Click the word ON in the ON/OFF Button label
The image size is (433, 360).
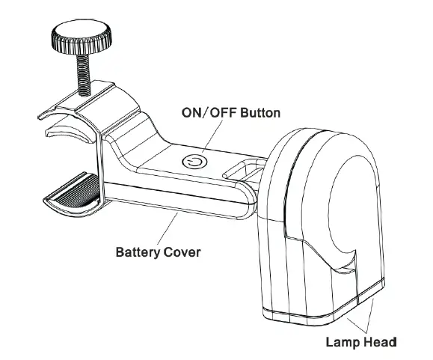pos(193,113)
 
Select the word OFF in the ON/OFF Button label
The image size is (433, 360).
pos(222,113)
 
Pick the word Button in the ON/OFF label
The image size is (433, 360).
pos(260,113)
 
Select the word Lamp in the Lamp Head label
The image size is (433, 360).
pos(343,344)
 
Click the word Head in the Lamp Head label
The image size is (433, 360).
pos(379,344)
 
